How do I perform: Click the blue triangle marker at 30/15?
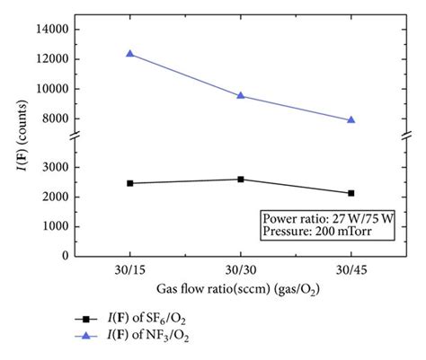click(130, 54)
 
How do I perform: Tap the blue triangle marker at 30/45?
click(351, 119)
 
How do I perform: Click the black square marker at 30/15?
click(130, 183)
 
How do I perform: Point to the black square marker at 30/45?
click(351, 193)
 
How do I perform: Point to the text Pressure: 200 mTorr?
click(315, 231)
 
